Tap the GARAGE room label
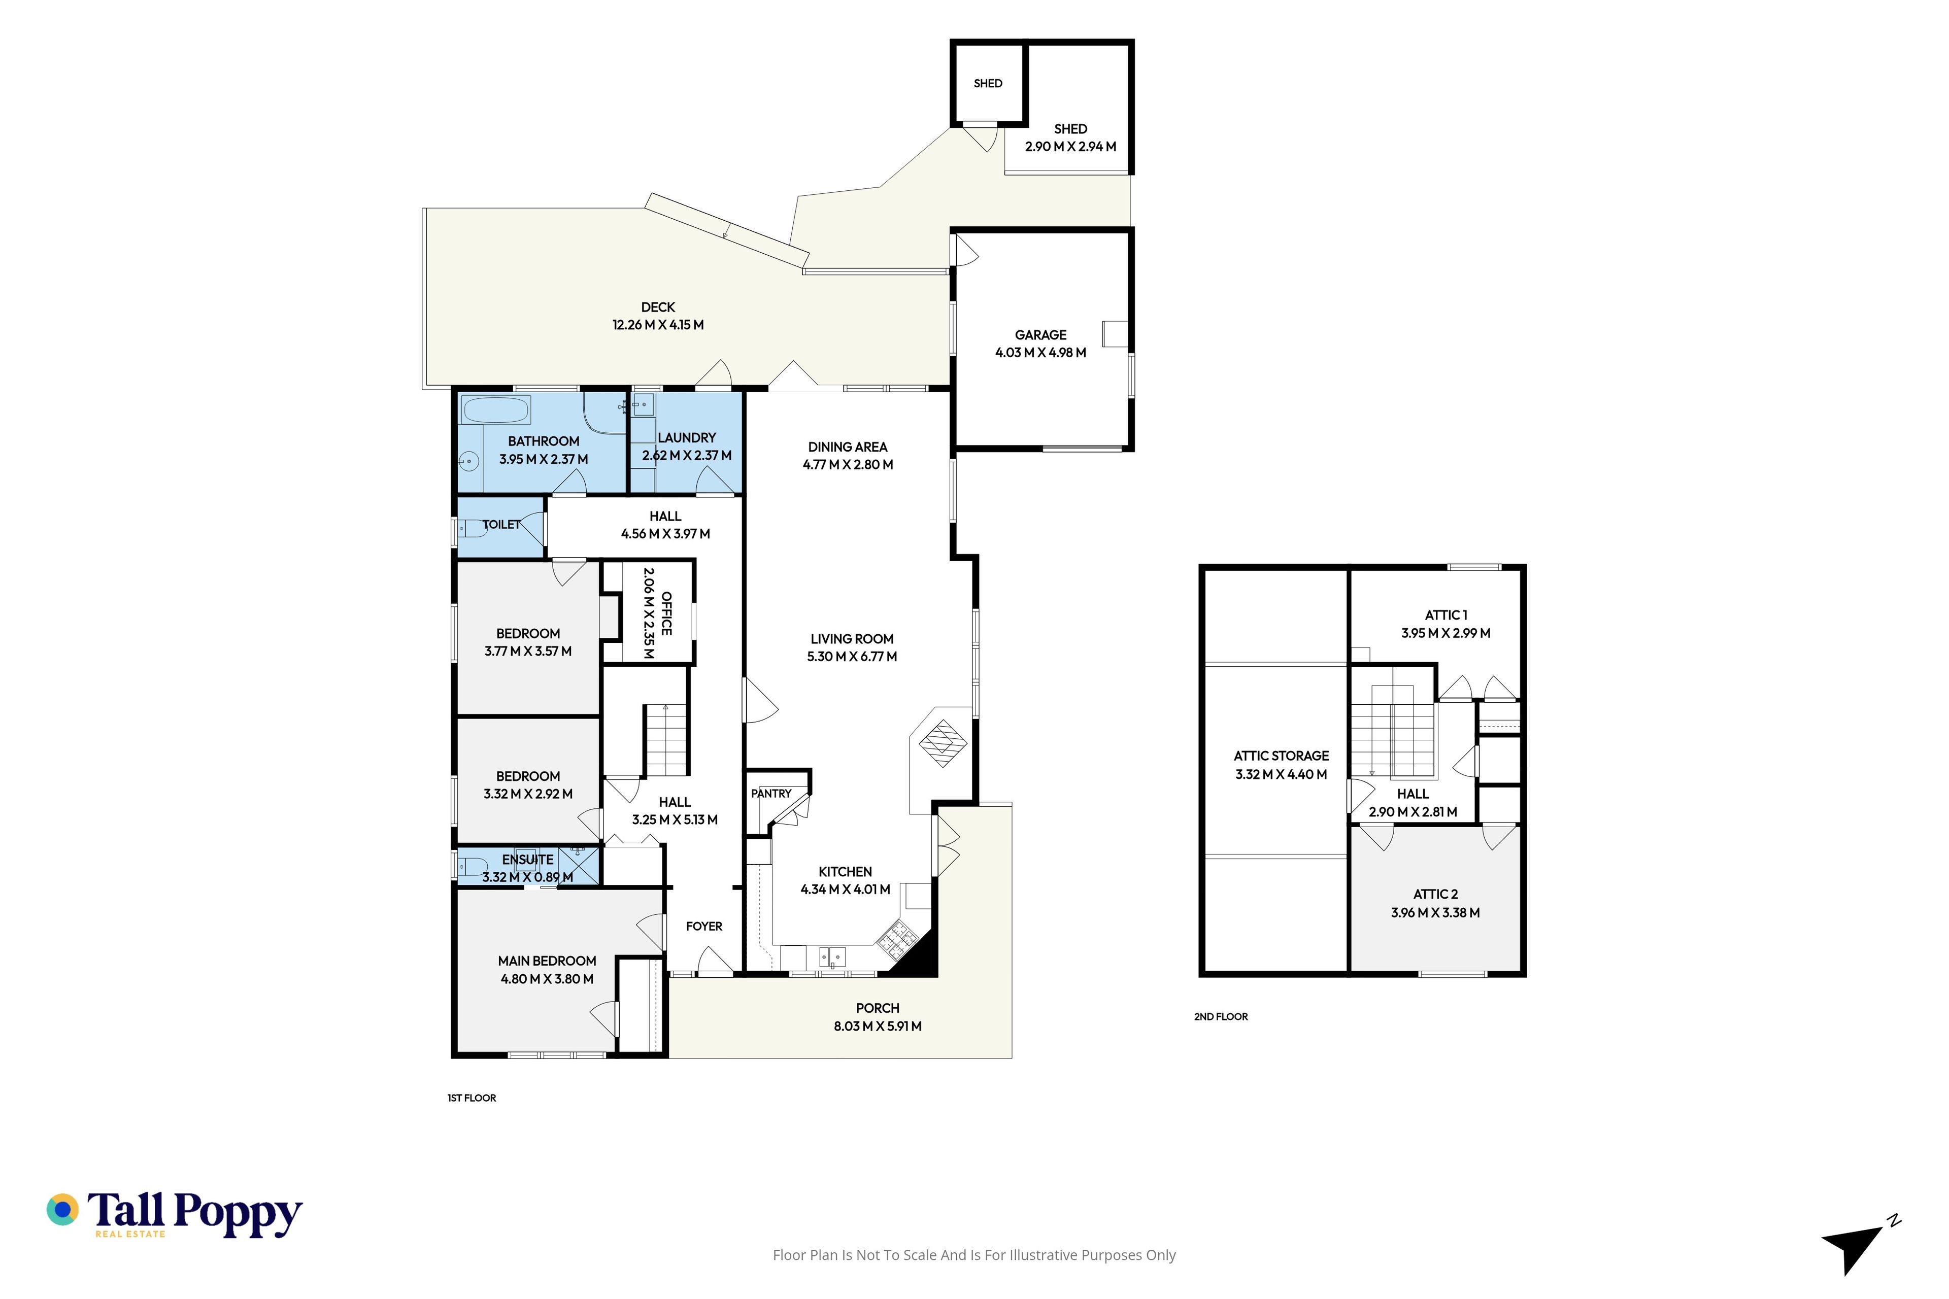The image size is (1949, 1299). coord(1041,335)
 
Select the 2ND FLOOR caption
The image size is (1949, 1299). coord(1221,1016)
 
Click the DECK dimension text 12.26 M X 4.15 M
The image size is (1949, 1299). coord(658,325)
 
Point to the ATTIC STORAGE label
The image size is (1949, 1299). coord(1281,756)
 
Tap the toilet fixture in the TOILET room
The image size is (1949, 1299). coord(473,528)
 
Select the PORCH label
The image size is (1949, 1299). coord(878,1008)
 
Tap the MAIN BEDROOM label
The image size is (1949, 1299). coord(547,961)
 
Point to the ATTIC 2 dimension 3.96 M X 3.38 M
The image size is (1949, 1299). coord(1435,913)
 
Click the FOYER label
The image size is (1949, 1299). coord(704,926)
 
